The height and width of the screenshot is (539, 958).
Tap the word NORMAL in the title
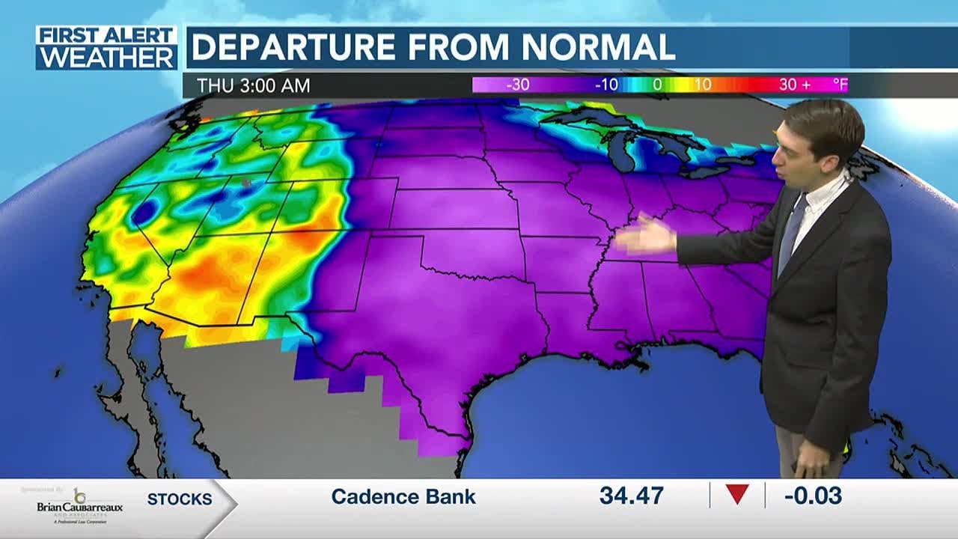pos(598,47)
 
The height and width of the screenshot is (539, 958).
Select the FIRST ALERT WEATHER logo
pos(106,48)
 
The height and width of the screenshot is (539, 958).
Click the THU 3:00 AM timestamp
pos(253,85)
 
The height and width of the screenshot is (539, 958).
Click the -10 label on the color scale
pos(605,85)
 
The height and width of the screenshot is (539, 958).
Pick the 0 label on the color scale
pos(657,85)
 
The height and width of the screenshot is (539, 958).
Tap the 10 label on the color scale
pos(702,85)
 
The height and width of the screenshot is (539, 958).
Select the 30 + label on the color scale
pos(794,85)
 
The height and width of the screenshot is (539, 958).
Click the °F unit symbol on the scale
pos(841,85)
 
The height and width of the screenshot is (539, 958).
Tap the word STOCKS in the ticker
pos(180,499)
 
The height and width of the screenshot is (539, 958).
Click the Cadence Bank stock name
pos(403,496)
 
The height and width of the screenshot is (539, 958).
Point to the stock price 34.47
pos(632,496)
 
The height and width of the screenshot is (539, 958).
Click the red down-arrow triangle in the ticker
pos(737,495)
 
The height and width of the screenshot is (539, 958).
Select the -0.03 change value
pos(813,496)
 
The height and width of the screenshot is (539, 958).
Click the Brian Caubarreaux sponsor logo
pos(79,504)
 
